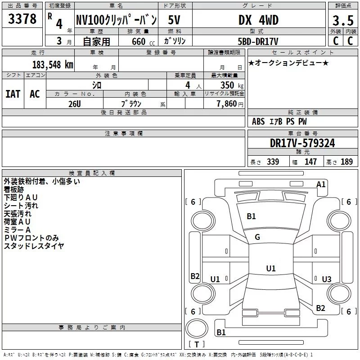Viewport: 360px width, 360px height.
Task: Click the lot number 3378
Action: tap(22, 19)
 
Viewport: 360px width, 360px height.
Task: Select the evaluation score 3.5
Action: tap(342, 20)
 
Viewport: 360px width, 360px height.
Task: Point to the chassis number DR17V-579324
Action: tap(302, 143)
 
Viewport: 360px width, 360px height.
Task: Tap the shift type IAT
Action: tap(13, 94)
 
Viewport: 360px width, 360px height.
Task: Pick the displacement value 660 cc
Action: tap(138, 41)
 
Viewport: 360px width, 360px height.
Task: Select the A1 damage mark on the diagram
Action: tap(321, 184)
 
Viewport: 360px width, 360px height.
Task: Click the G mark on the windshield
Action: tap(257, 237)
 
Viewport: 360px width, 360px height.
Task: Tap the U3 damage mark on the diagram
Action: tap(326, 279)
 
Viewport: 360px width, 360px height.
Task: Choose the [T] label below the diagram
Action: tap(197, 344)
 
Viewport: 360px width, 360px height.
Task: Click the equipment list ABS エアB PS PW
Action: tap(279, 121)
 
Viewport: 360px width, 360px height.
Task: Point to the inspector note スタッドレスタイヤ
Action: tap(34, 246)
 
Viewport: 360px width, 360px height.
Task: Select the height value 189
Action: tap(346, 162)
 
